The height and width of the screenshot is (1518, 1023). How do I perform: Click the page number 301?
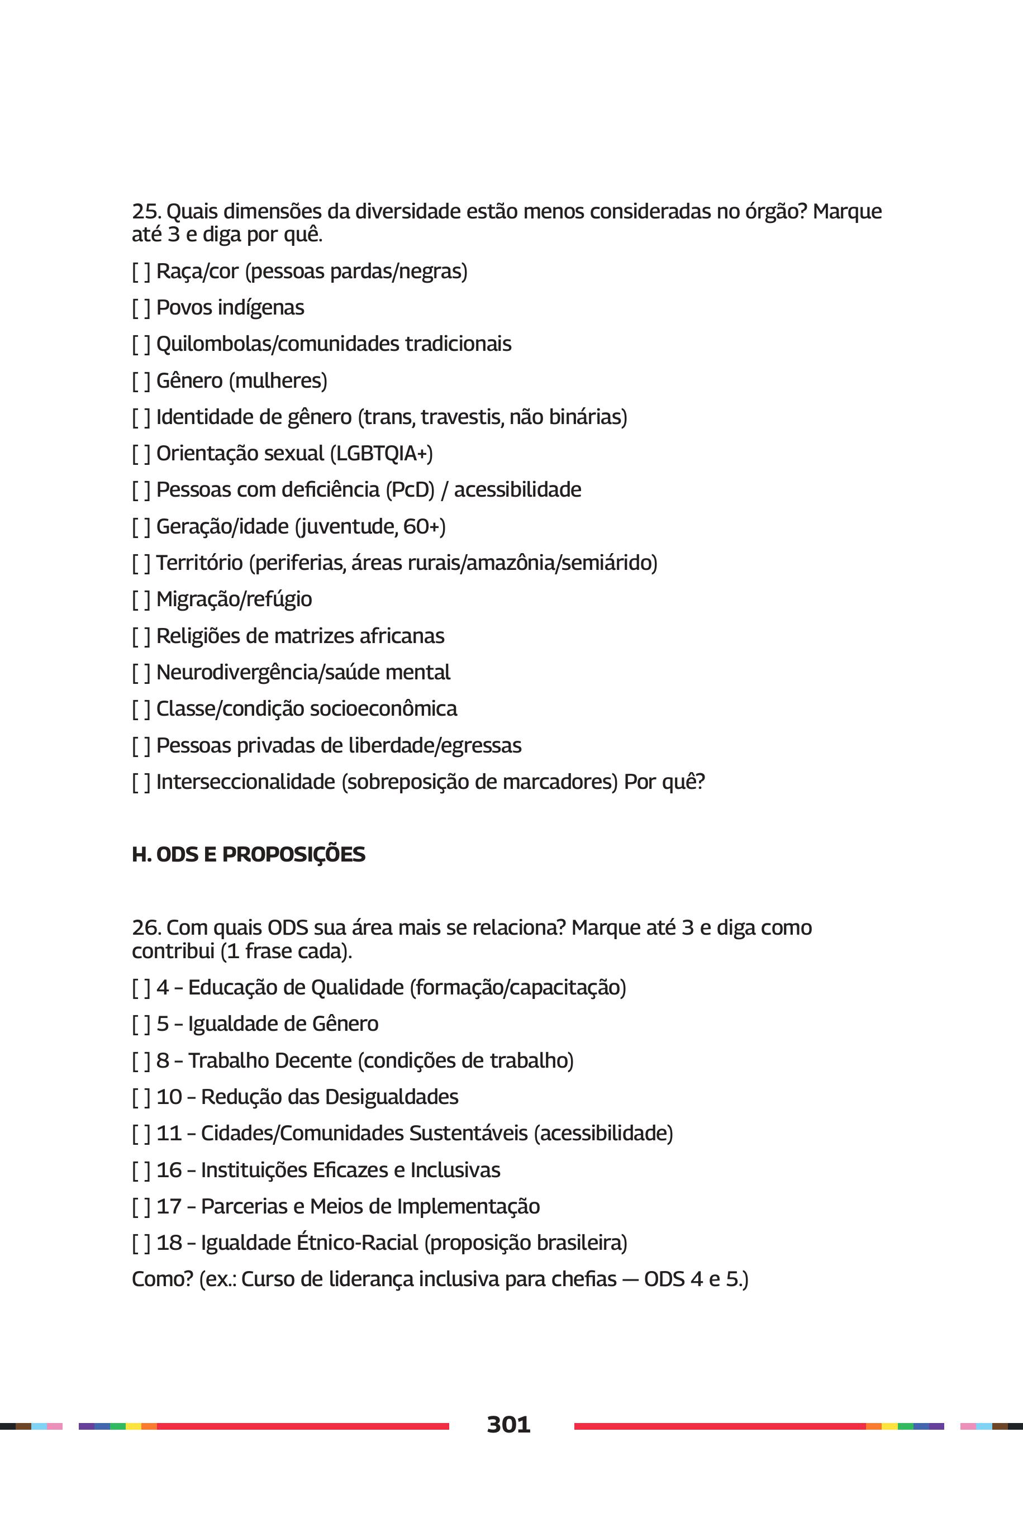[508, 1424]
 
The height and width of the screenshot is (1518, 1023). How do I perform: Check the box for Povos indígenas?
[141, 308]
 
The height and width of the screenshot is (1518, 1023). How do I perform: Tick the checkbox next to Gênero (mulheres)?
[141, 381]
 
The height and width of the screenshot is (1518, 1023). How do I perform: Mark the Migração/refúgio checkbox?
[141, 599]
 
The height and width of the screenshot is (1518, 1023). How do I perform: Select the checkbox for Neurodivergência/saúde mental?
[141, 673]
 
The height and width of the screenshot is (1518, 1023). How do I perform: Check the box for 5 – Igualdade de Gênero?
[141, 1024]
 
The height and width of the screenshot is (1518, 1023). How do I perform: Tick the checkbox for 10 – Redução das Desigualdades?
[141, 1097]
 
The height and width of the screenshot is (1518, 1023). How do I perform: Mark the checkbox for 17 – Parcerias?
[141, 1207]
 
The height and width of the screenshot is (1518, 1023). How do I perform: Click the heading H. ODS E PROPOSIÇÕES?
[249, 855]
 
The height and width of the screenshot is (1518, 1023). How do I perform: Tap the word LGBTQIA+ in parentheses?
[382, 453]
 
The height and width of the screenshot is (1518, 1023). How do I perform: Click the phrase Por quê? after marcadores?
[664, 782]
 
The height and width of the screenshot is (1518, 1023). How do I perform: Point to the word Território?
[199, 563]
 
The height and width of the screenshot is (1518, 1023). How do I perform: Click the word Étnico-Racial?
[357, 1243]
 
